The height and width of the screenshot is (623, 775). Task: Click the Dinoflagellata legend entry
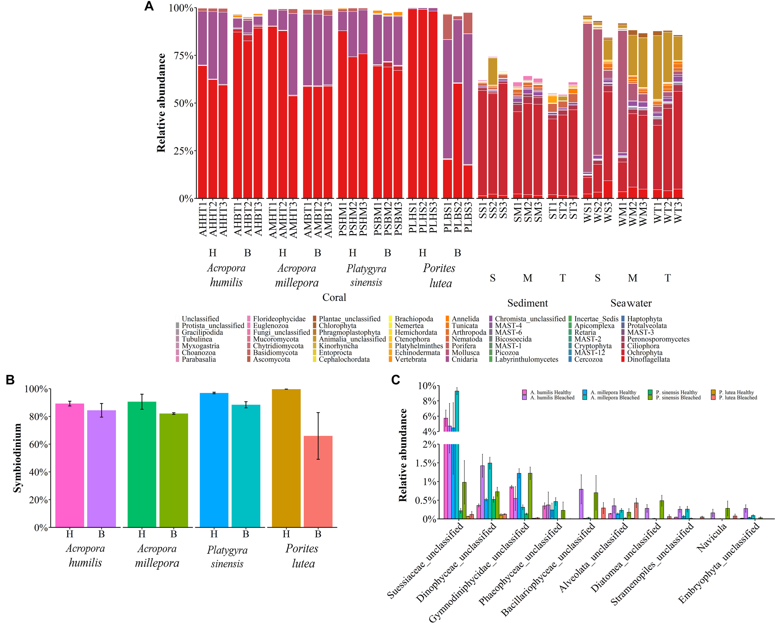tap(648, 359)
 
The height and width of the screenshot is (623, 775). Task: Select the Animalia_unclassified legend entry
tap(352, 339)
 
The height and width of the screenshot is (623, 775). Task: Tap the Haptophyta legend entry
tap(644, 319)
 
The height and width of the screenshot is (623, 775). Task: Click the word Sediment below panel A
tap(527, 303)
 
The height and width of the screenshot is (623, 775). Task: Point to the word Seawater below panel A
tap(631, 303)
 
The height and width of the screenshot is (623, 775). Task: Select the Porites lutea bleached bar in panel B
tap(318, 481)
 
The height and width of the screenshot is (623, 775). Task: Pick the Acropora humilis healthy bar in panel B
tap(70, 465)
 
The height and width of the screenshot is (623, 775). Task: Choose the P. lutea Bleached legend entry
tap(737, 398)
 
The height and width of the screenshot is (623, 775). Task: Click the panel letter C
tap(396, 380)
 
